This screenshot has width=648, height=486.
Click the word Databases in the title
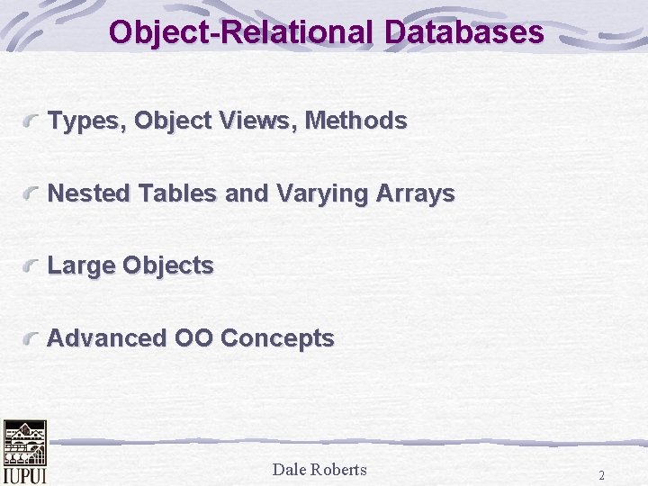point(464,31)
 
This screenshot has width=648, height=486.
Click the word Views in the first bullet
point(257,121)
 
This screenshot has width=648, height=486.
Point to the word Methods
point(355,121)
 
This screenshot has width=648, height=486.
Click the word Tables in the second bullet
point(177,193)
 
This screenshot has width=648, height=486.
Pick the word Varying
point(322,194)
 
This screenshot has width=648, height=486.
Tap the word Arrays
point(415,194)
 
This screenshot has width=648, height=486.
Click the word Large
point(81,266)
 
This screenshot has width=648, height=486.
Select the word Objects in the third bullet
point(168,266)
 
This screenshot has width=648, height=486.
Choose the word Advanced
point(106,337)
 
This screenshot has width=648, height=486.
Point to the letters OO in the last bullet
point(193,337)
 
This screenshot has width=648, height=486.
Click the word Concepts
point(277,339)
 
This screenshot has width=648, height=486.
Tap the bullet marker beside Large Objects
point(31,265)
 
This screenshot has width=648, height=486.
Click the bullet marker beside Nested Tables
point(31,193)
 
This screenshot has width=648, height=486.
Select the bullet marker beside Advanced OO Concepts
point(31,338)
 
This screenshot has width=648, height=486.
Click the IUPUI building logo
point(25,452)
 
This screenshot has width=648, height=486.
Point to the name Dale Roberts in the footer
point(319,470)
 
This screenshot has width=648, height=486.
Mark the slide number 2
point(602,475)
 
